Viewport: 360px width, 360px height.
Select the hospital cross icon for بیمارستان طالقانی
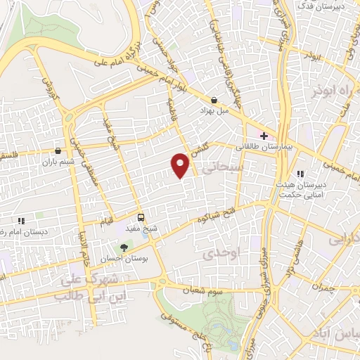(x=264, y=135)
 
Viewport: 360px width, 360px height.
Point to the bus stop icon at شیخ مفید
(x=141, y=217)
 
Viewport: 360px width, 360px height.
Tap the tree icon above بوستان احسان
(x=124, y=247)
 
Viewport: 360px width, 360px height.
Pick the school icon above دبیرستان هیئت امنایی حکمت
(x=300, y=174)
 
